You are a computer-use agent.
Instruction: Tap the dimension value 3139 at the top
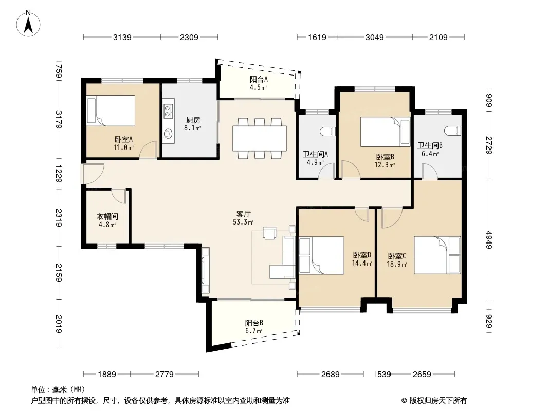pyautogui.click(x=122, y=37)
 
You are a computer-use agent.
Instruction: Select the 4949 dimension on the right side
pyautogui.click(x=488, y=239)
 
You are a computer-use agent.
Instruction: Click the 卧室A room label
pyautogui.click(x=123, y=140)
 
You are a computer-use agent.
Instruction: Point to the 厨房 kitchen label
pyautogui.click(x=193, y=120)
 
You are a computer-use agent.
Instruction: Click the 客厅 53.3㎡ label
pyautogui.click(x=243, y=217)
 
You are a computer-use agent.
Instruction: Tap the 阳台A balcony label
pyautogui.click(x=259, y=80)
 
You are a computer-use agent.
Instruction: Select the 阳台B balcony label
pyautogui.click(x=254, y=323)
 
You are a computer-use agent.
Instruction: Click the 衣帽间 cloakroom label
pyautogui.click(x=107, y=216)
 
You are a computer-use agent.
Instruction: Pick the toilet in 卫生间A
pyautogui.click(x=328, y=131)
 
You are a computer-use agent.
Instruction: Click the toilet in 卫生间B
pyautogui.click(x=453, y=130)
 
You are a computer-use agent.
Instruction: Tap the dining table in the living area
pyautogui.click(x=260, y=138)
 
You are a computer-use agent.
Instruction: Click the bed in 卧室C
pyautogui.click(x=437, y=255)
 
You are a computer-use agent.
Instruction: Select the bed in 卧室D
pyautogui.click(x=321, y=255)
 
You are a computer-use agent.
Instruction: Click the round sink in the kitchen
pyautogui.click(x=168, y=134)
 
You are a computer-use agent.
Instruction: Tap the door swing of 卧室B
pyautogui.click(x=351, y=170)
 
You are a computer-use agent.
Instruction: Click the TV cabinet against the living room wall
pyautogui.click(x=206, y=270)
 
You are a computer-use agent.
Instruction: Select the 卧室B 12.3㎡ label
pyautogui.click(x=385, y=161)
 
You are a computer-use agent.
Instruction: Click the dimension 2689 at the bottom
pyautogui.click(x=330, y=375)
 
